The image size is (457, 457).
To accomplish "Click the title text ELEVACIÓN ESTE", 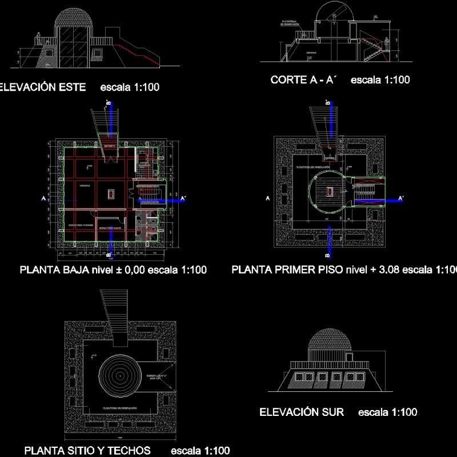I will [x=42, y=87].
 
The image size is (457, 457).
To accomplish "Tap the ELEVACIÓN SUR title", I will [x=302, y=412].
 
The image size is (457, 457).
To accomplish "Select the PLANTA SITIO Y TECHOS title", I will [x=87, y=450].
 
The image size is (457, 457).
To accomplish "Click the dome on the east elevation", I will [x=73, y=19].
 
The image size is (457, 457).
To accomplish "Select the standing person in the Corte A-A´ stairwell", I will [x=387, y=43].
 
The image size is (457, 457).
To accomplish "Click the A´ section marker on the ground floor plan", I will [x=183, y=199].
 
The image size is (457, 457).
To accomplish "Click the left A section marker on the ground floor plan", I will [x=43, y=198].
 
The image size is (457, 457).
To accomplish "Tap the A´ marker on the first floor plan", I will [x=401, y=199].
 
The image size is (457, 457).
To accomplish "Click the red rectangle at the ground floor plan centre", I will [x=110, y=194].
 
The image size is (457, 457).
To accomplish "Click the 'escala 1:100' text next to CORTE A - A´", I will [x=380, y=80].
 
